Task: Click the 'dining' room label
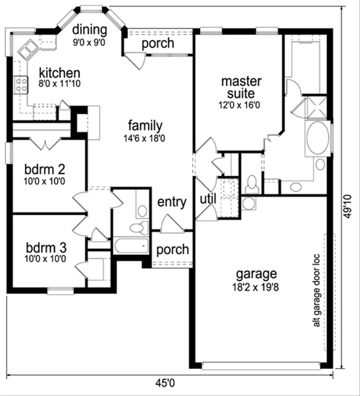pos(89,30)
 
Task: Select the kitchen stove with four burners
pos(20,85)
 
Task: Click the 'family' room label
pos(145,125)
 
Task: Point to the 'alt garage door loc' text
pos(316,290)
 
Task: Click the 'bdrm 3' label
pos(46,247)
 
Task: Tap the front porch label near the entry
pos(172,250)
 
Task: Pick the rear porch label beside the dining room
pos(158,43)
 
